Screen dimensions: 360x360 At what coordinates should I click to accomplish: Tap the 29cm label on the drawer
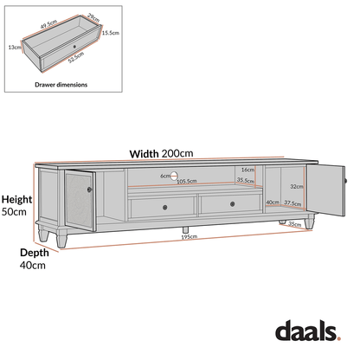[93, 17]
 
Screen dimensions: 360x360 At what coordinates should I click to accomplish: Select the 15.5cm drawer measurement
[110, 33]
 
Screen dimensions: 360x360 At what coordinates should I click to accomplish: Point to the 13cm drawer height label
[15, 48]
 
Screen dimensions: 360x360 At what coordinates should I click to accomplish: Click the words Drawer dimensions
[61, 86]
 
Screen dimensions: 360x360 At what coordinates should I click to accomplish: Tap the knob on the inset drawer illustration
[75, 41]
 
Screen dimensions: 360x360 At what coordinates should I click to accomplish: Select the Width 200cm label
[161, 154]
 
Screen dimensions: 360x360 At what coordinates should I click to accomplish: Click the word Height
[16, 198]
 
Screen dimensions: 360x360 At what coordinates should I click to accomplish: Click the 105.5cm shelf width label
[186, 182]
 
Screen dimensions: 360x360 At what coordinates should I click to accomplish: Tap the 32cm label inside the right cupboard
[297, 186]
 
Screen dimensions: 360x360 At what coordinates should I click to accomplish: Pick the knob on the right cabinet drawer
[232, 205]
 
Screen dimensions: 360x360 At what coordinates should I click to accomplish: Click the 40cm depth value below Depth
[34, 267]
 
